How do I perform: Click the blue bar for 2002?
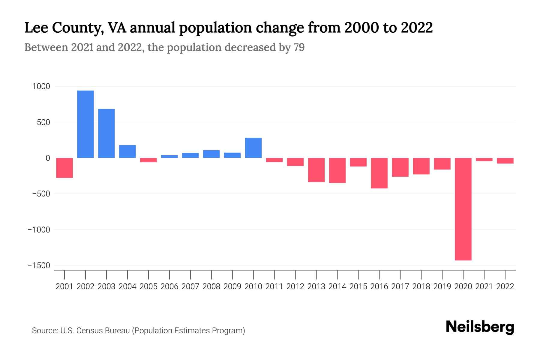point(85,124)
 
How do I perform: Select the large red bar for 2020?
point(463,209)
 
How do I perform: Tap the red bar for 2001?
point(64,168)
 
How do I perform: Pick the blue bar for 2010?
point(253,148)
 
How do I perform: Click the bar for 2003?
point(106,133)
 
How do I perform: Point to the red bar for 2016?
point(379,173)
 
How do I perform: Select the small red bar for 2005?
point(148,160)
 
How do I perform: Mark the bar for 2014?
point(337,170)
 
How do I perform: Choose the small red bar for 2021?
point(484,160)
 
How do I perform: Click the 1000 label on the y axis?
point(41,87)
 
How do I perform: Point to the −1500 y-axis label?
point(39,266)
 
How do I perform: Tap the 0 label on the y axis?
point(48,158)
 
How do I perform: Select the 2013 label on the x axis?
point(316,286)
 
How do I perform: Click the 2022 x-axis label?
point(505,286)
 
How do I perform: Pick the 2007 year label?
point(190,286)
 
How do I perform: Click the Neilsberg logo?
point(480,327)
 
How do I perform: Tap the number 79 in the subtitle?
point(299,47)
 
